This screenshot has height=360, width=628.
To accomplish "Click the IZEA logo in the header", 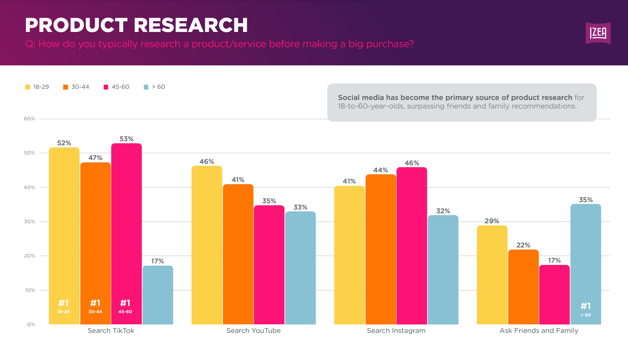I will pyautogui.click(x=598, y=33).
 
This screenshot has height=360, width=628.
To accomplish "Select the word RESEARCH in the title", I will pyautogui.click(x=190, y=25).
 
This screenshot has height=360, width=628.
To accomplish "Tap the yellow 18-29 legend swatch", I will pyautogui.click(x=27, y=87).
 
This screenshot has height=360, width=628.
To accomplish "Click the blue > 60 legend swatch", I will pyautogui.click(x=146, y=87).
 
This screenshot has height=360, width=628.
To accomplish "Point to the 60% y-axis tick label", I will pyautogui.click(x=29, y=119).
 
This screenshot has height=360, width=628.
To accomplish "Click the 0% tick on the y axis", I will pyautogui.click(x=31, y=324).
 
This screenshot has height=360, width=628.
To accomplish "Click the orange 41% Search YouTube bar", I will pyautogui.click(x=238, y=254).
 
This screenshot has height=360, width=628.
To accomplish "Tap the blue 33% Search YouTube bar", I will pyautogui.click(x=300, y=267).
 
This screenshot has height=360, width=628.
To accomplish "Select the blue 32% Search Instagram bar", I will pyautogui.click(x=443, y=269).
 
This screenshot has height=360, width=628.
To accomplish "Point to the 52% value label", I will pyautogui.click(x=64, y=143).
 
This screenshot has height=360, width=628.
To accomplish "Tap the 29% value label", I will pyautogui.click(x=492, y=221).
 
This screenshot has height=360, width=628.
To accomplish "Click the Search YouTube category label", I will pyautogui.click(x=253, y=331).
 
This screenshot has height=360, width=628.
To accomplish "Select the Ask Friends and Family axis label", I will pyautogui.click(x=539, y=331).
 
